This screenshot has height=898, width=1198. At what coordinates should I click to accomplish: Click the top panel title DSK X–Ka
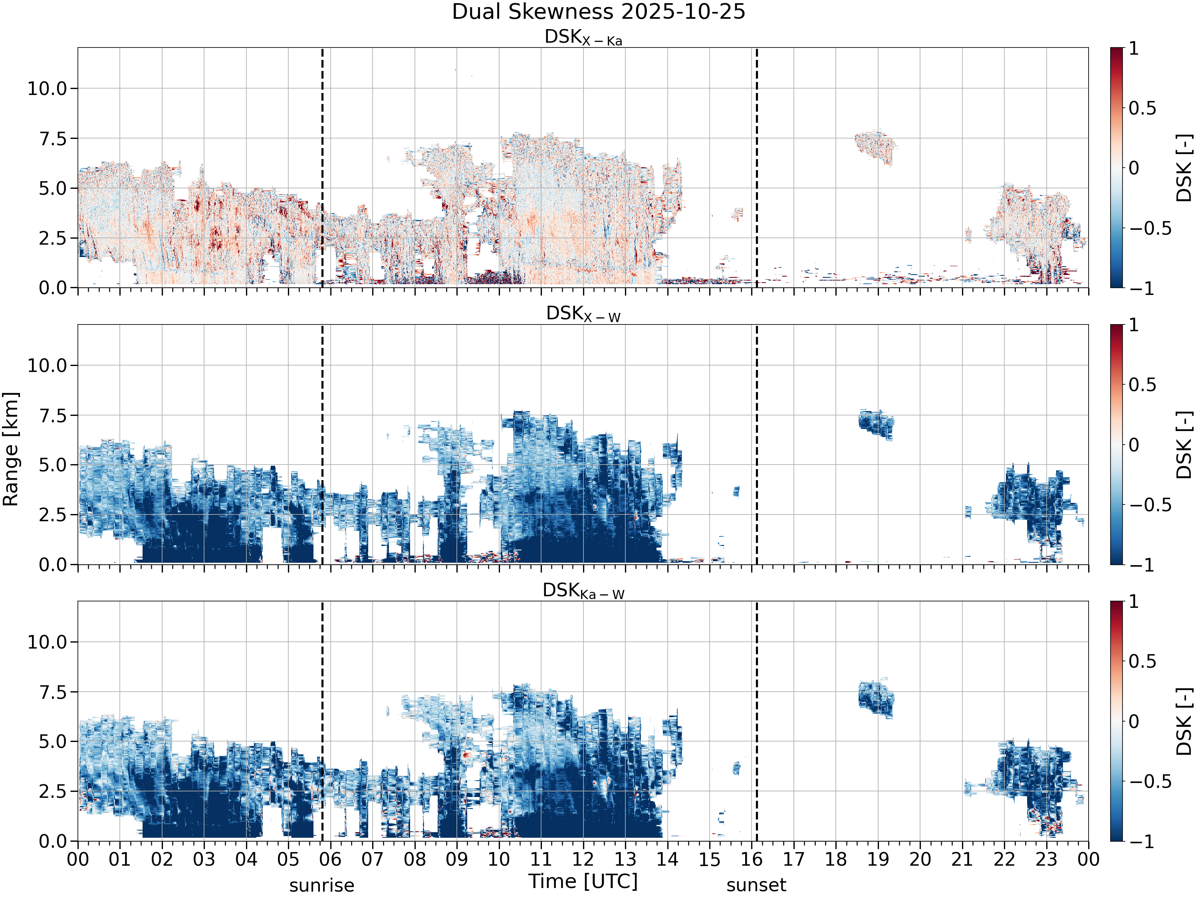tap(583, 38)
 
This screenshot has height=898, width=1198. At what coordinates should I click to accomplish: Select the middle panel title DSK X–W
tap(583, 314)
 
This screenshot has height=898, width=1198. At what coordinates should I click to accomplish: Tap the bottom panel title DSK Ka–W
tap(583, 591)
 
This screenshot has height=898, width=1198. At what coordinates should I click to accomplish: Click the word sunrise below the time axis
tap(322, 886)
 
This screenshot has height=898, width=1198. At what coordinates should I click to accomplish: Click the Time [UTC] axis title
tap(583, 881)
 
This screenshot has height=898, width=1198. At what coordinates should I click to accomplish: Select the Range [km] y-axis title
tap(11, 449)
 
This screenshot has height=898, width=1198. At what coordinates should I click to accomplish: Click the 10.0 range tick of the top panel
tap(47, 88)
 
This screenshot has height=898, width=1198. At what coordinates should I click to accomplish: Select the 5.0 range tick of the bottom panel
tap(53, 742)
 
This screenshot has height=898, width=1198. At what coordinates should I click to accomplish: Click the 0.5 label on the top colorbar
tap(1142, 108)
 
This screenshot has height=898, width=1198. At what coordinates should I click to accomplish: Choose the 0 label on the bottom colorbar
tap(1134, 722)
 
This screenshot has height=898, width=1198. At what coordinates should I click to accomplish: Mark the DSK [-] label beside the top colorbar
tap(1184, 168)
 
